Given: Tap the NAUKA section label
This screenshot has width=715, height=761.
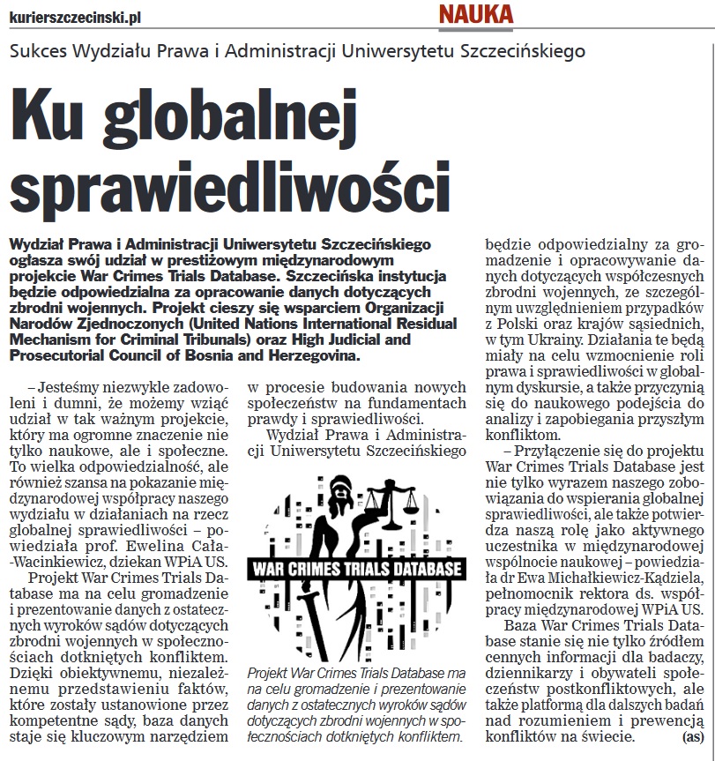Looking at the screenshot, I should click(475, 14).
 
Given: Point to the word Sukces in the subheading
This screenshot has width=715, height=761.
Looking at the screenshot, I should click(41, 50).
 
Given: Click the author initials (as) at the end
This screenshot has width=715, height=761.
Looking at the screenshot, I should click(693, 736).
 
